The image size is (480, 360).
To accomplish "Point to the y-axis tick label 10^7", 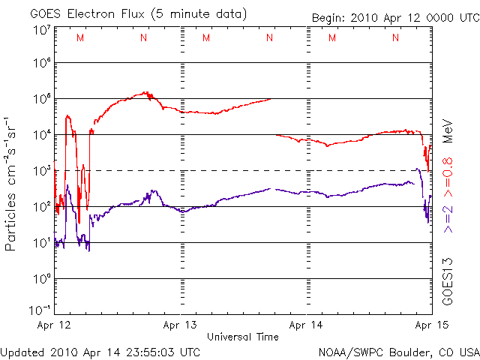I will click(x=41, y=31).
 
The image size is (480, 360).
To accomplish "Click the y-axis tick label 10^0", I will click(x=41, y=278).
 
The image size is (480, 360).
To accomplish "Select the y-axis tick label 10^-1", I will click(x=40, y=309).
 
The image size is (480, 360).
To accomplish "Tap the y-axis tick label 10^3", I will click(x=41, y=170).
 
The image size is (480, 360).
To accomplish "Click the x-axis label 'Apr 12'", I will click(x=54, y=325).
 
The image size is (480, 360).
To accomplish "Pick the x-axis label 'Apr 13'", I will click(x=181, y=325).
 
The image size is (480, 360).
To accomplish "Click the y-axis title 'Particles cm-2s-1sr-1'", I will click(x=12, y=184).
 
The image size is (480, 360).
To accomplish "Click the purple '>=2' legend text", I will click(x=448, y=217).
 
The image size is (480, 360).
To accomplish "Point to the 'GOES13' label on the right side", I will click(x=448, y=281).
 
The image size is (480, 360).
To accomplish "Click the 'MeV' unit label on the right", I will click(x=448, y=129).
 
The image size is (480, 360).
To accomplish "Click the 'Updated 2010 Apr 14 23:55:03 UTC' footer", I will click(x=100, y=351).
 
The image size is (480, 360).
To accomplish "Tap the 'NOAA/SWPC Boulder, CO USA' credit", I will click(x=398, y=351).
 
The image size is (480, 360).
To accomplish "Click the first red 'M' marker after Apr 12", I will click(x=80, y=37).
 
